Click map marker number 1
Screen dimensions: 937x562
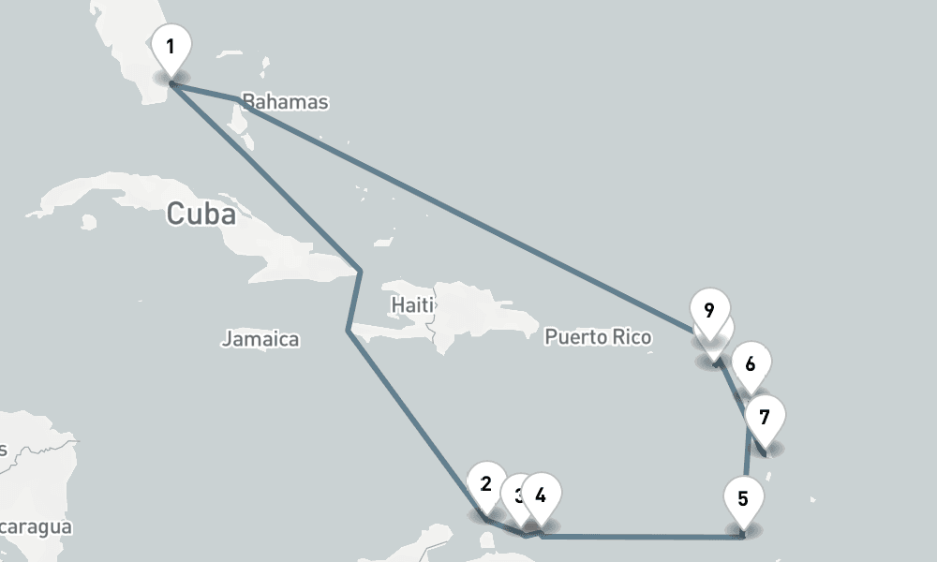(170, 48)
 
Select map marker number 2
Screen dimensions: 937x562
(485, 484)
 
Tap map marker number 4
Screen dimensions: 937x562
(541, 494)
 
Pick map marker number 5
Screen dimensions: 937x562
(743, 498)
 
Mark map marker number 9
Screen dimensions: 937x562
(708, 310)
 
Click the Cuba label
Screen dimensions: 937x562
(201, 214)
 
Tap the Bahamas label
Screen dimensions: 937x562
(285, 101)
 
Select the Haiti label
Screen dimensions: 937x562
(412, 304)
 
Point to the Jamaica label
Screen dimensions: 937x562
(260, 339)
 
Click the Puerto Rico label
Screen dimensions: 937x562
(598, 336)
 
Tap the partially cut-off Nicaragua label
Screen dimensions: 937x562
(36, 527)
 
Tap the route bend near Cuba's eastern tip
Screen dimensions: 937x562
(361, 272)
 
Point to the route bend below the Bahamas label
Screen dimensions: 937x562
(235, 99)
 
